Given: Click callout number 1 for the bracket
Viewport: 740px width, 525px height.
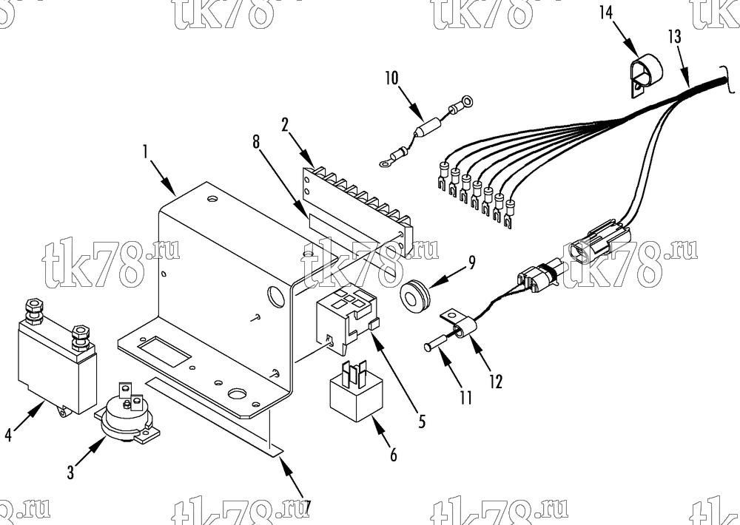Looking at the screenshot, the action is click(147, 152).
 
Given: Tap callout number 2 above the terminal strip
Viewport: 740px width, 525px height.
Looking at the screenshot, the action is click(285, 124).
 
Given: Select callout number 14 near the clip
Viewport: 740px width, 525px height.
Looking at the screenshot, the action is click(607, 13).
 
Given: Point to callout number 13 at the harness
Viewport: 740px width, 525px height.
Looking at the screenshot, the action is click(675, 36).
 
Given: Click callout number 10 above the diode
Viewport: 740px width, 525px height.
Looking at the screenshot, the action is click(391, 78).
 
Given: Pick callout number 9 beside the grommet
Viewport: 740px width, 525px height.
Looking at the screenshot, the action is click(471, 262).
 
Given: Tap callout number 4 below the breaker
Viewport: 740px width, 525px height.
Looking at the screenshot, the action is click(8, 435).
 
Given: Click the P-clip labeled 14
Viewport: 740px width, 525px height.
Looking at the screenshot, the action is click(646, 76).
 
